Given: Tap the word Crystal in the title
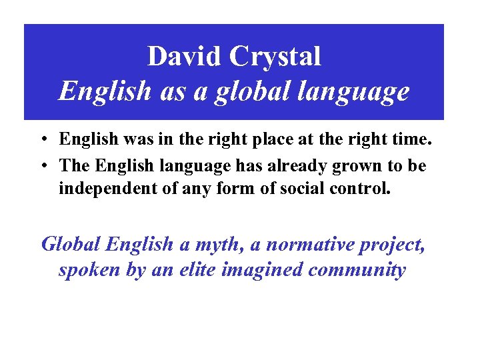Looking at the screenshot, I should [x=275, y=57].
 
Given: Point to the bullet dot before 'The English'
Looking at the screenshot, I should [x=42, y=165].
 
